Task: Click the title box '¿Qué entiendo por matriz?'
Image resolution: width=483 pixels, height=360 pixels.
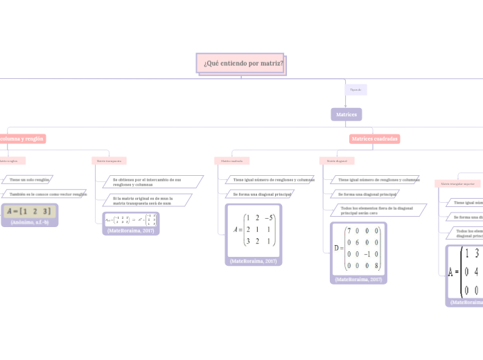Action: click(x=243, y=63)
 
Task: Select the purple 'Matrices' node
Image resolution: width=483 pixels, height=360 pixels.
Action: click(x=346, y=114)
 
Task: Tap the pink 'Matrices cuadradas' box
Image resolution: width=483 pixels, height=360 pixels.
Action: click(x=374, y=139)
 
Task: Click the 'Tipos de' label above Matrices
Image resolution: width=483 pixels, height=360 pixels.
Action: click(x=355, y=89)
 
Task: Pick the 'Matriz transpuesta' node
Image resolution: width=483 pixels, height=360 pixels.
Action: click(x=109, y=161)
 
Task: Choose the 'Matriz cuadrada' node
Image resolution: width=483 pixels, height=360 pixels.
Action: click(x=232, y=161)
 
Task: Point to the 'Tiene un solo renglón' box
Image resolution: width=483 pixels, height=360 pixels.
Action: click(x=30, y=179)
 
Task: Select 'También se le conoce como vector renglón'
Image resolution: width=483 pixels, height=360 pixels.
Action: click(x=48, y=195)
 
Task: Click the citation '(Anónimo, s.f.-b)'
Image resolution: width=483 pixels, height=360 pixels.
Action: click(x=30, y=222)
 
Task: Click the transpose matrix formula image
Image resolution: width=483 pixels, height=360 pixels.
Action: click(x=130, y=219)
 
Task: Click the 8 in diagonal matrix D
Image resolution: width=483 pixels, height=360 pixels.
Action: click(x=377, y=266)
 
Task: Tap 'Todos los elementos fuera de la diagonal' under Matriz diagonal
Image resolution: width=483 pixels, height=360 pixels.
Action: click(x=377, y=210)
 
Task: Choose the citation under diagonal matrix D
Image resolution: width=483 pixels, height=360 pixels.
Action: click(x=358, y=280)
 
